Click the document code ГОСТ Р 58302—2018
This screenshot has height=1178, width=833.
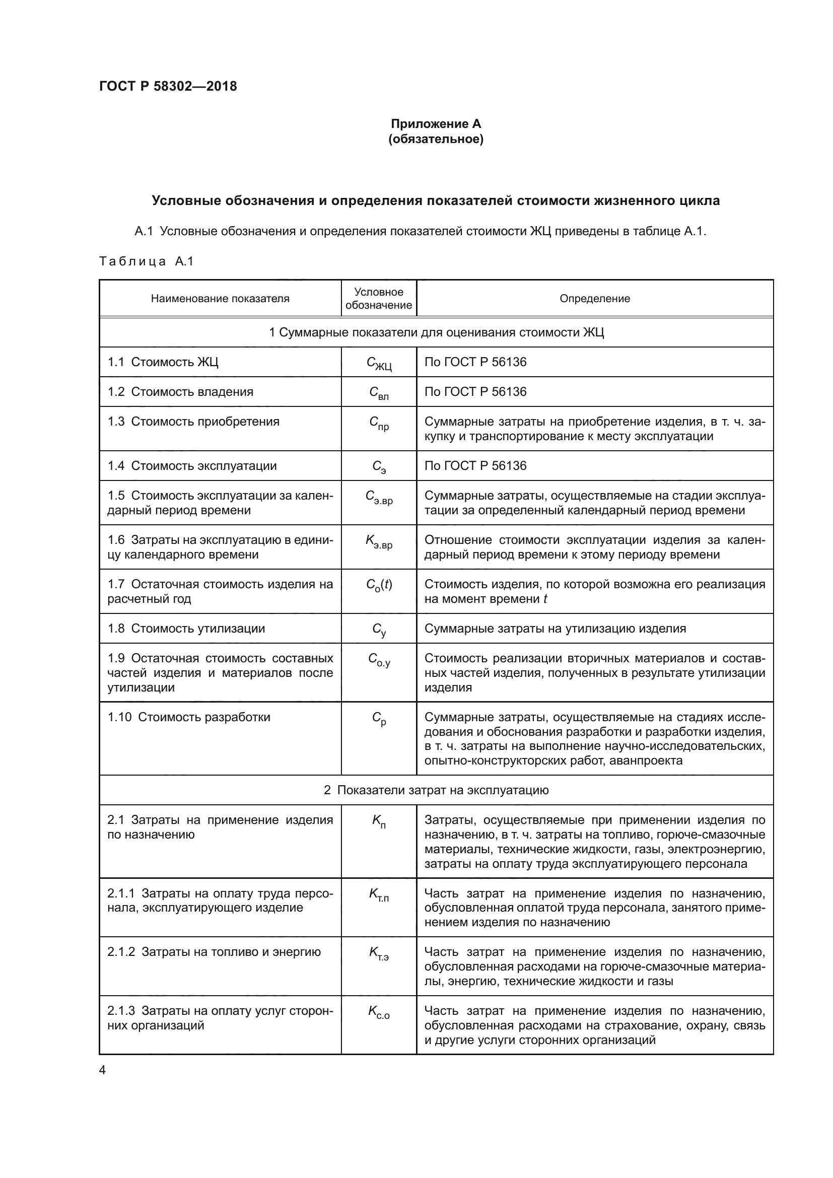(168, 86)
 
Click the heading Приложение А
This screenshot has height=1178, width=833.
(436, 124)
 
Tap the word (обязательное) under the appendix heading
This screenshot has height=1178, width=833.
(436, 139)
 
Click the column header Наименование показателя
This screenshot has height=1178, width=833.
(220, 299)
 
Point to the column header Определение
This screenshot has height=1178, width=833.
(594, 299)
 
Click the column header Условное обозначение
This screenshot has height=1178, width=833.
(379, 299)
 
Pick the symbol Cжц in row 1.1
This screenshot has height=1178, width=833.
(379, 363)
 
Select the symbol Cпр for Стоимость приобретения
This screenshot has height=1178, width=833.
(379, 423)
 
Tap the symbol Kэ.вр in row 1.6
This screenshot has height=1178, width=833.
(379, 541)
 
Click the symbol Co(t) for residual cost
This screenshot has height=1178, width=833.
(379, 585)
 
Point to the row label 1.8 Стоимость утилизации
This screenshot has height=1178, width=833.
(186, 629)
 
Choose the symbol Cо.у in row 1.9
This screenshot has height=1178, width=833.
(379, 660)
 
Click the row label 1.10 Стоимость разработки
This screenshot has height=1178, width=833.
(188, 717)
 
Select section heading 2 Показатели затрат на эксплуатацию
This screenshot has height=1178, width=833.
(436, 790)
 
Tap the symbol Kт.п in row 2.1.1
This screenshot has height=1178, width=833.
(379, 895)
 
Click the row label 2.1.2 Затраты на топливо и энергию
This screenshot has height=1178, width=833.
(214, 952)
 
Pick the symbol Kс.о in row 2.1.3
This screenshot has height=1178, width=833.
(379, 1012)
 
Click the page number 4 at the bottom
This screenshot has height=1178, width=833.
(102, 1070)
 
